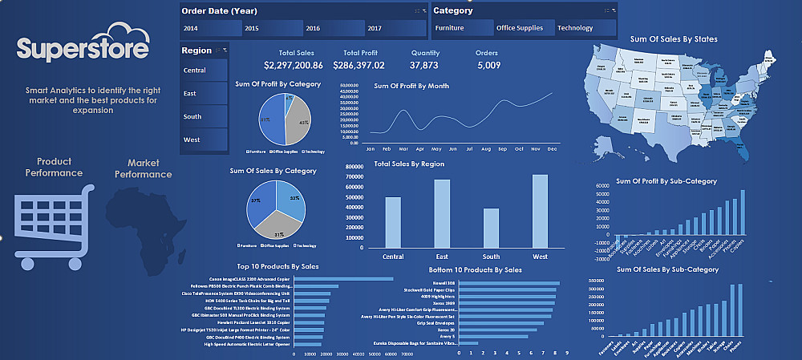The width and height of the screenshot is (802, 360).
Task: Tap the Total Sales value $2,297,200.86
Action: [x=290, y=65]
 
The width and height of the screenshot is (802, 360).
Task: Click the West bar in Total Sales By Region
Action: [x=540, y=211]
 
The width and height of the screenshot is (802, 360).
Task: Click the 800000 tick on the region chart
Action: [x=356, y=166]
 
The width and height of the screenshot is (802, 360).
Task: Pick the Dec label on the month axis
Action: [x=552, y=149]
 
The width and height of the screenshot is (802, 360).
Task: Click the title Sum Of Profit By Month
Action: [x=411, y=86]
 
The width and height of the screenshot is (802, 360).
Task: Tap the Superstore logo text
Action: [x=82, y=49]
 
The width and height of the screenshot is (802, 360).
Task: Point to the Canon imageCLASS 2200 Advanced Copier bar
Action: [x=344, y=279]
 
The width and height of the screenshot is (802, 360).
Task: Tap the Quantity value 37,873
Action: [x=423, y=65]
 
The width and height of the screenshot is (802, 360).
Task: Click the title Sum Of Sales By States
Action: [x=674, y=38]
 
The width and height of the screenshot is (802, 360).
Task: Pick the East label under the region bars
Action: [x=441, y=257]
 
